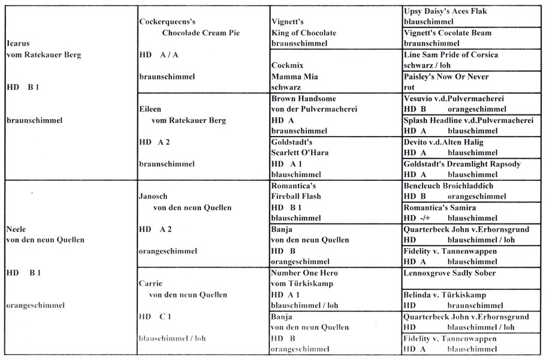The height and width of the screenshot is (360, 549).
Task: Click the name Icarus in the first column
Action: coord(17,44)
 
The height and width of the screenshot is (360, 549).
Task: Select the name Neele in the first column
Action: coord(17,229)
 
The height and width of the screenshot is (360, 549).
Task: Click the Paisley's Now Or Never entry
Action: coord(447,77)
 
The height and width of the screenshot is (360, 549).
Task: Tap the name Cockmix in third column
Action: coord(286,66)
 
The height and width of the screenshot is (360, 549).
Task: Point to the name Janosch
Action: coord(155,196)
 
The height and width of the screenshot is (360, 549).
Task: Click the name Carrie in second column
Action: coord(152,284)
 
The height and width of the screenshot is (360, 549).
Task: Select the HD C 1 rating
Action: coord(155,316)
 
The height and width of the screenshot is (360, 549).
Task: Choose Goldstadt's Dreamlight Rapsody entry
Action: coord(462,164)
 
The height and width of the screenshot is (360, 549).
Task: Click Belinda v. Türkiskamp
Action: coord(444,295)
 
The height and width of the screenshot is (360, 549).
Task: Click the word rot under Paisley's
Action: coord(410,87)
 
